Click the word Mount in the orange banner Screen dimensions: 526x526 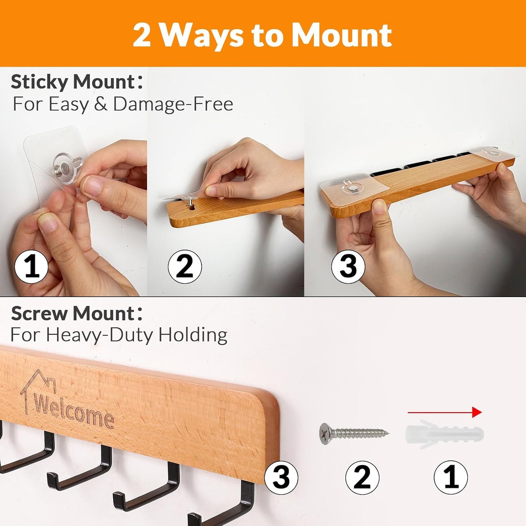[x=341, y=36]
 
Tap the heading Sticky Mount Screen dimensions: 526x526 [x=77, y=82]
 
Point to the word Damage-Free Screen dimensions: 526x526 [x=173, y=104]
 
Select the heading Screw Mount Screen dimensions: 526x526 [x=77, y=314]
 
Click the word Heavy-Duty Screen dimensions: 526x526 [x=100, y=335]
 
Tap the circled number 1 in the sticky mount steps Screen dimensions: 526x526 [x=31, y=266]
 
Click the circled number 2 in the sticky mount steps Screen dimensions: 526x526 [x=185, y=266]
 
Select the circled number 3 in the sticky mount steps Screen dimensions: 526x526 [x=348, y=266]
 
